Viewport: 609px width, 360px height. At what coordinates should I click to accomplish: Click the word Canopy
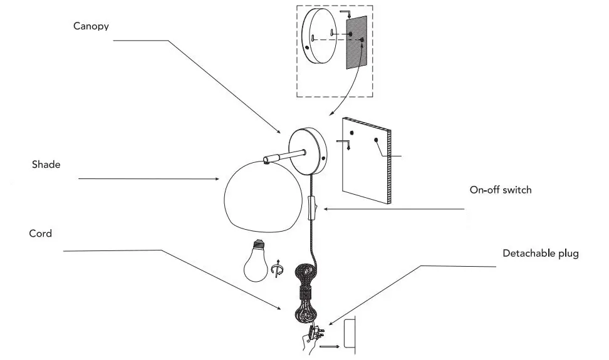click(90, 26)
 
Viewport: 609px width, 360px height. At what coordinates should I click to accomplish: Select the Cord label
click(40, 234)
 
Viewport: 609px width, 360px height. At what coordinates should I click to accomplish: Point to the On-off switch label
click(500, 189)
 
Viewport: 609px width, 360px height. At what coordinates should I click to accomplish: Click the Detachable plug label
click(541, 254)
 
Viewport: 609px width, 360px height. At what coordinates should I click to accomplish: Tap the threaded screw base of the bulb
click(257, 245)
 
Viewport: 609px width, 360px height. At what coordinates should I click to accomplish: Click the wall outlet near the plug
click(350, 335)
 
